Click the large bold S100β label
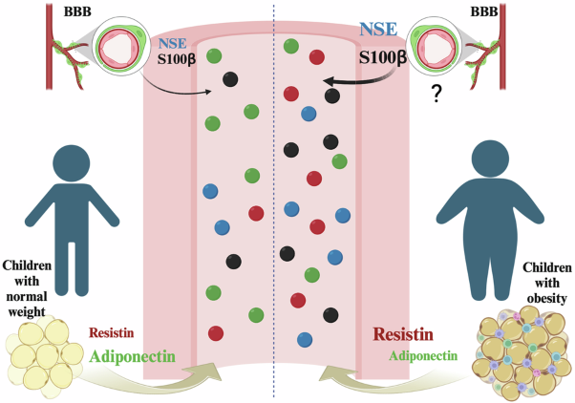point(382,58)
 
